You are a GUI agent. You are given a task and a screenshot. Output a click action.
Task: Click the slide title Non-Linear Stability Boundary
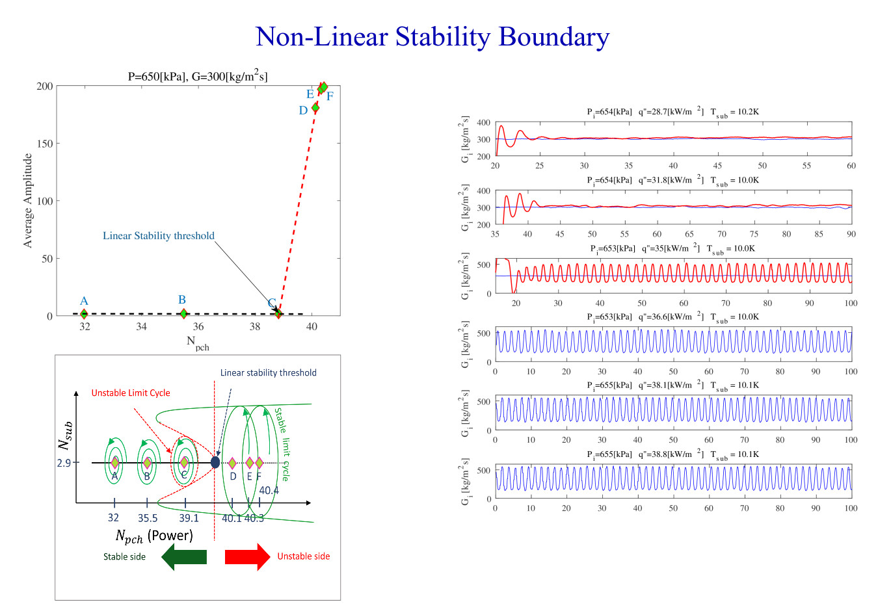coord(432,37)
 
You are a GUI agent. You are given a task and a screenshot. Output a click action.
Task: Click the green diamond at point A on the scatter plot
coord(84,314)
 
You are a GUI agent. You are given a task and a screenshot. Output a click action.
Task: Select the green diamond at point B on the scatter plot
coord(183,313)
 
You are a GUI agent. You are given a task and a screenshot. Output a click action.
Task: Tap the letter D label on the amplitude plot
coord(303,110)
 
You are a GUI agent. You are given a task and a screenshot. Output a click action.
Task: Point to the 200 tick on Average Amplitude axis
coord(45,86)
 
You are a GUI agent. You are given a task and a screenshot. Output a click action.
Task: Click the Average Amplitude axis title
coord(28,200)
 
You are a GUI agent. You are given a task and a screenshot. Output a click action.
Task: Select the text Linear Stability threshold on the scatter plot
coord(159,235)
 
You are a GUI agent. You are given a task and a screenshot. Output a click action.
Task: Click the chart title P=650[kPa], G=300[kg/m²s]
coord(198,76)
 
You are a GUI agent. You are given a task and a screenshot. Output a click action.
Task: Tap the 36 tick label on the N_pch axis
coord(198,326)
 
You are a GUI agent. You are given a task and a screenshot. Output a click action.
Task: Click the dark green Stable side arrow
coord(184,557)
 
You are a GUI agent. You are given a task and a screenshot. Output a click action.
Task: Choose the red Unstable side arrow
coord(247,557)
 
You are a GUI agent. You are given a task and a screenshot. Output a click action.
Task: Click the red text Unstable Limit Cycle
coord(131,393)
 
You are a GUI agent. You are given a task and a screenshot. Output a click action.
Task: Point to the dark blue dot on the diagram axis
coord(215,462)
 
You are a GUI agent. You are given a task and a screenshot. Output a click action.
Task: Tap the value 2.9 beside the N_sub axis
coord(64,463)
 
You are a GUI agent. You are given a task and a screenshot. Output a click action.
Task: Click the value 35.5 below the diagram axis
coord(148,518)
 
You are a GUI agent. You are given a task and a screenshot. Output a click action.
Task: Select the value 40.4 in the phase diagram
coord(269,490)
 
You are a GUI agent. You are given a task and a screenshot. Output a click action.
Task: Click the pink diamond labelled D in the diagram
coord(232,463)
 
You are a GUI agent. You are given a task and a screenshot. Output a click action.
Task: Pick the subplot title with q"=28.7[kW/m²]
coord(672,112)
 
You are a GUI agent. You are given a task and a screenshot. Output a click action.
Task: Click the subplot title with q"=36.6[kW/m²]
coord(672,317)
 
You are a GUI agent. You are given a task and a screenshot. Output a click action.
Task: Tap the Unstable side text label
coord(304,556)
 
